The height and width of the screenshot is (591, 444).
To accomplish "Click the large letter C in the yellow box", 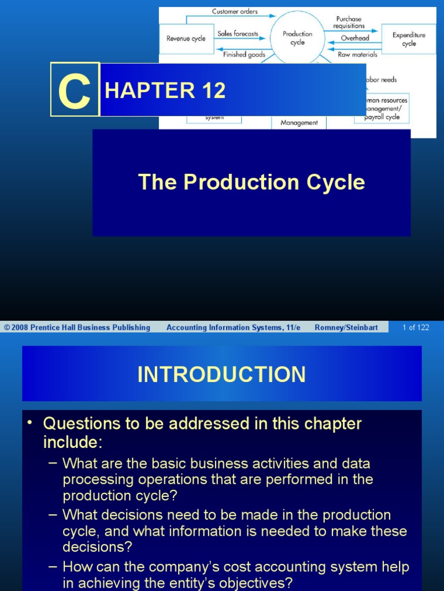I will pyautogui.click(x=75, y=91).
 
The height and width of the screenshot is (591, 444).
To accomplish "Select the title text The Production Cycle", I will pyautogui.click(x=251, y=182).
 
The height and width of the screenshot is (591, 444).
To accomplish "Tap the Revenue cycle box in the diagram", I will pyautogui.click(x=186, y=39).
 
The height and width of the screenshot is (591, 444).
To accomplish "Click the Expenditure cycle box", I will pyautogui.click(x=409, y=39).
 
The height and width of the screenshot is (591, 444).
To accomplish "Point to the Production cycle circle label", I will pyautogui.click(x=297, y=38).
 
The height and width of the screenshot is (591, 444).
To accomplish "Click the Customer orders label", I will pyautogui.click(x=235, y=11).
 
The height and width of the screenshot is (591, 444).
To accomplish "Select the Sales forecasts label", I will pyautogui.click(x=238, y=33).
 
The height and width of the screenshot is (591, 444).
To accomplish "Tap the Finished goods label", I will pyautogui.click(x=244, y=55).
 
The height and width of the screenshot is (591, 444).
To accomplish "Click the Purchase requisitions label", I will pyautogui.click(x=349, y=23).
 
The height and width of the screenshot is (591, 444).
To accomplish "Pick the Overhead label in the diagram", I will pyautogui.click(x=354, y=38).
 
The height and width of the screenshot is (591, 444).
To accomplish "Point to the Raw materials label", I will pyautogui.click(x=357, y=55).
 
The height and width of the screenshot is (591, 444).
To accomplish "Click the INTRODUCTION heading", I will pyautogui.click(x=221, y=375).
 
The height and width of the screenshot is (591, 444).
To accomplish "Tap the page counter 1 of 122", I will pyautogui.click(x=416, y=327).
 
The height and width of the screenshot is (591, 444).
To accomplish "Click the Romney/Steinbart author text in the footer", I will pyautogui.click(x=346, y=327).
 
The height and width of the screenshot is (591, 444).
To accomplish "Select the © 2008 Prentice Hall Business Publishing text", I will pyautogui.click(x=77, y=327).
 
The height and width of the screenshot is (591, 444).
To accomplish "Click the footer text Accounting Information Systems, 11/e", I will pyautogui.click(x=233, y=327).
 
